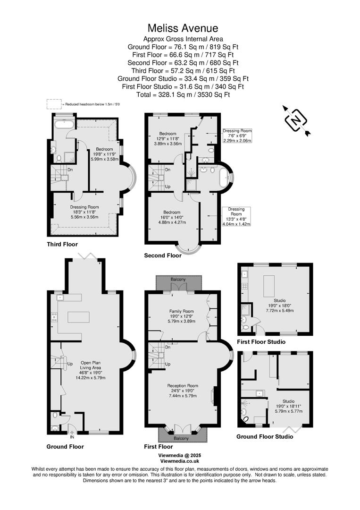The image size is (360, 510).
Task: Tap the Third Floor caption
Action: pos(62,244)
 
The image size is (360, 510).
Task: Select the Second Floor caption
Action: pos(163,255)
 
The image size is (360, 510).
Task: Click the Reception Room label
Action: pos(183,386)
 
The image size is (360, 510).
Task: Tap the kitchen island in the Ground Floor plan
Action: pos(78,317)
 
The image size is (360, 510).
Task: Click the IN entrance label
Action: pos(72,437)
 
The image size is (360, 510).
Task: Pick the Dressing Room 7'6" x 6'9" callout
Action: pos(237,136)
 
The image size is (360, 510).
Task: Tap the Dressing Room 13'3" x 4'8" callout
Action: pos(236,216)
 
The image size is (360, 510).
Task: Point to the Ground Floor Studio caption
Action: pos(265,436)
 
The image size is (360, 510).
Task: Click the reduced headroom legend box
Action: pos(54,103)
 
